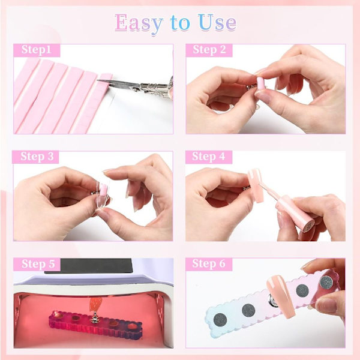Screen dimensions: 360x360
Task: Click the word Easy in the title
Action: (x=139, y=23)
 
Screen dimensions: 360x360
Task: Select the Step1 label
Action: (x=36, y=50)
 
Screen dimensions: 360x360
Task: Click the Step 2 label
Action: (x=209, y=50)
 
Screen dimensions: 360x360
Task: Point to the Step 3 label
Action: (x=37, y=157)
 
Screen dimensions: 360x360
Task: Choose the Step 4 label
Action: (x=208, y=157)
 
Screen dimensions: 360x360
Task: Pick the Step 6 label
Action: (x=209, y=263)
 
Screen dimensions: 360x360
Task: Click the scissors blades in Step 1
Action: (x=118, y=84)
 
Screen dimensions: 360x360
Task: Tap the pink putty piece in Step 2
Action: (x=260, y=83)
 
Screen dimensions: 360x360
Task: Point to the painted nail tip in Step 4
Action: (x=256, y=185)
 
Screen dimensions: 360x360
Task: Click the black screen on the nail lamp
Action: (x=89, y=266)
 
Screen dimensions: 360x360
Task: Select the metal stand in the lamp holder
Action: (x=94, y=317)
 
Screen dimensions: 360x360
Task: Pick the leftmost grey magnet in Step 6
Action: (x=220, y=320)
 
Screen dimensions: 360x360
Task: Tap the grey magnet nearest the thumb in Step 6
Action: (x=326, y=283)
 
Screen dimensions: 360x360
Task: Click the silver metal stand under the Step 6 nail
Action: (x=273, y=301)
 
